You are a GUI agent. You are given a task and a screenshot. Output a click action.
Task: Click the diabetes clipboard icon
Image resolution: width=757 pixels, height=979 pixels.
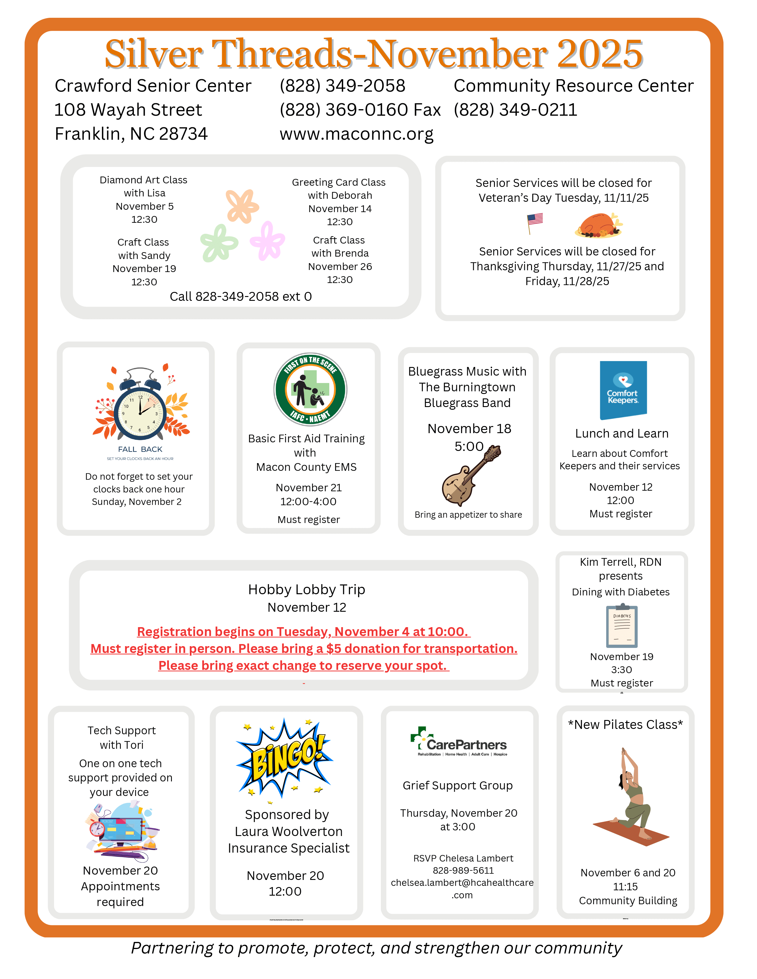(622, 626)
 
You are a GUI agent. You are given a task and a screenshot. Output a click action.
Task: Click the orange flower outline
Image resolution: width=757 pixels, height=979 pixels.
(242, 206)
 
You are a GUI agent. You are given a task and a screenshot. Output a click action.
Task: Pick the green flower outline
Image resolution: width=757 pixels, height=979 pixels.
(218, 243)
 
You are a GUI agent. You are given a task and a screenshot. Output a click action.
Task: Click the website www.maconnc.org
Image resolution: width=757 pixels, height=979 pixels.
(357, 134)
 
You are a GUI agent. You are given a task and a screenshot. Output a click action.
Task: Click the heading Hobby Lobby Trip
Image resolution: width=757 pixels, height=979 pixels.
(307, 589)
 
